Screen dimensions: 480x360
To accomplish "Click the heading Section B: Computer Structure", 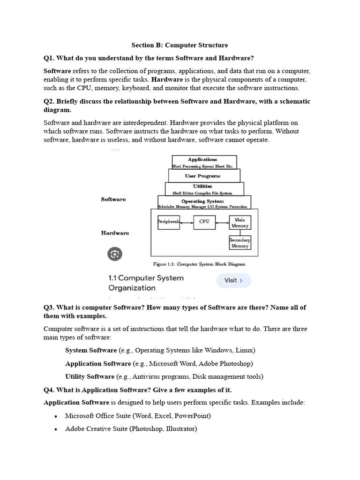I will pyautogui.click(x=180, y=45).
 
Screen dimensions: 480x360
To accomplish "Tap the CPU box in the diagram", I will pyautogui.click(x=204, y=222).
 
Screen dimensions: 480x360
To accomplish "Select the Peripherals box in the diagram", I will pyautogui.click(x=169, y=222).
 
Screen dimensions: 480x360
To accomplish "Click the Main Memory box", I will pyautogui.click(x=240, y=223).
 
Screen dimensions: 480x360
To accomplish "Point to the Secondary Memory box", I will pyautogui.click(x=240, y=243).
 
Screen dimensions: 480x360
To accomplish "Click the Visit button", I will pyautogui.click(x=233, y=280).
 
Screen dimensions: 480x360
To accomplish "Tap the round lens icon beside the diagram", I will pyautogui.click(x=115, y=254).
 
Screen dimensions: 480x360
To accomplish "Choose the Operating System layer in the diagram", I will pyautogui.click(x=203, y=202).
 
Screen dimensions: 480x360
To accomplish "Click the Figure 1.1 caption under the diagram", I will pyautogui.click(x=199, y=264).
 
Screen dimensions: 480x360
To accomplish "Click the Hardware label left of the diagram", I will pyautogui.click(x=115, y=233).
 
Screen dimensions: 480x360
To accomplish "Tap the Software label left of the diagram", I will pyautogui.click(x=113, y=199).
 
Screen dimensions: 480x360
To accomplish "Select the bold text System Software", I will pyautogui.click(x=91, y=350).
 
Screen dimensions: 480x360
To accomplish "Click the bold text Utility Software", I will pyautogui.click(x=90, y=376).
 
